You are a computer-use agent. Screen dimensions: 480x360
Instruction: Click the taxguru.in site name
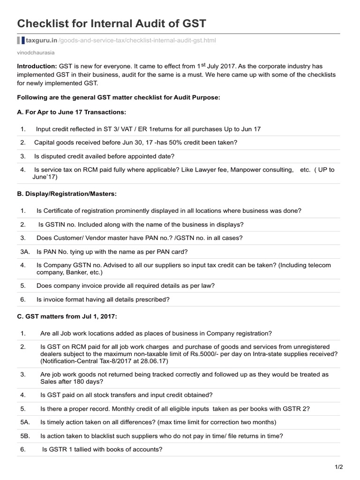click(41, 41)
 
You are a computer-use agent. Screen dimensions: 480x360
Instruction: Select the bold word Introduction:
click(37, 67)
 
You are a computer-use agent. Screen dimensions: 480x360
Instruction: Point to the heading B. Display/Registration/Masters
click(67, 194)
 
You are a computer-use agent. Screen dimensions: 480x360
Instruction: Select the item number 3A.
click(25, 252)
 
